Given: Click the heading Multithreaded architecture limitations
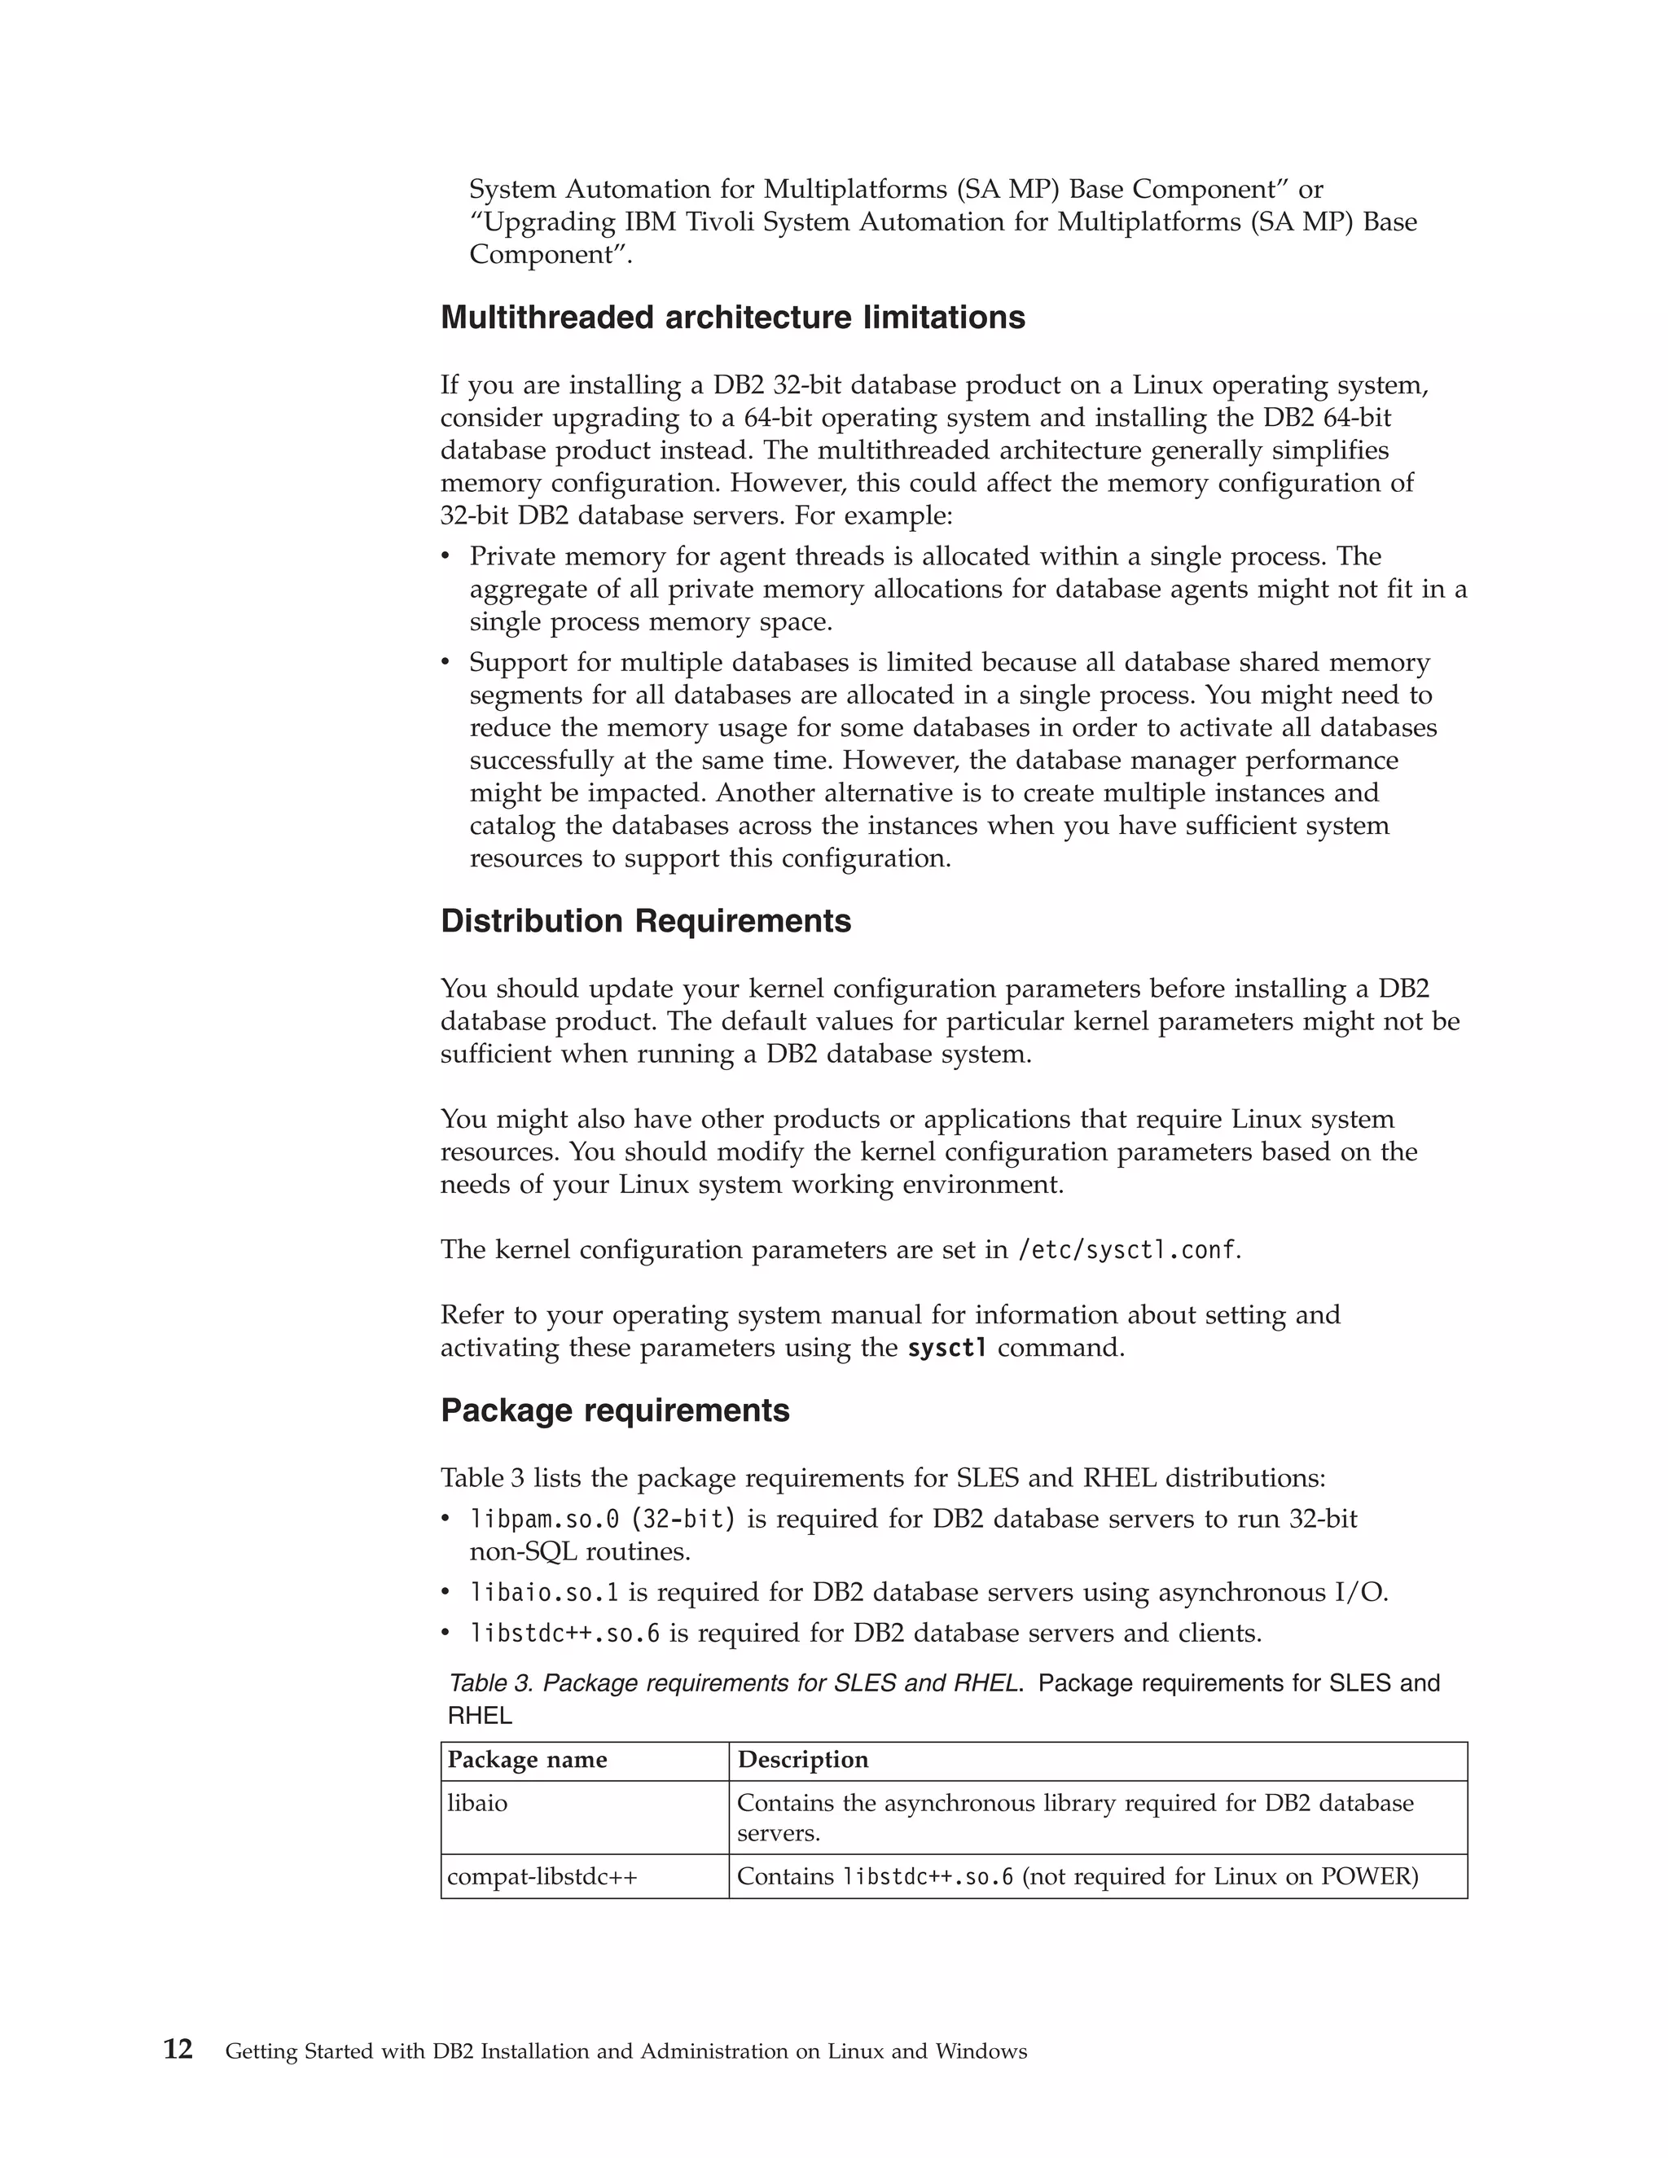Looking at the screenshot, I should [x=732, y=318].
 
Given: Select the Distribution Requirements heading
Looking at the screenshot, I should [x=645, y=921].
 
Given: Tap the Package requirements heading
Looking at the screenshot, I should [x=615, y=1410].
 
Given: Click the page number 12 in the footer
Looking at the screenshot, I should [x=178, y=2051].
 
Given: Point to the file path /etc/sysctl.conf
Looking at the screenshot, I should [x=1126, y=1250].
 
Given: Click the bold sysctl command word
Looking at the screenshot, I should [x=946, y=1348].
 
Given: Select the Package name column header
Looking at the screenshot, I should [x=527, y=1760].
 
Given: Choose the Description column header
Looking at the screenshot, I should [x=802, y=1760].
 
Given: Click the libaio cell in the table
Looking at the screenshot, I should [x=477, y=1803].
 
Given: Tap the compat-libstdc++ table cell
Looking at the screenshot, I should [x=542, y=1876].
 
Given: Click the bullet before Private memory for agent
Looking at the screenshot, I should [x=446, y=557].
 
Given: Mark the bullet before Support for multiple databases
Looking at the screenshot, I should [x=446, y=663].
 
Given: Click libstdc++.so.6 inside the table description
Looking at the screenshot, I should [x=927, y=1876].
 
